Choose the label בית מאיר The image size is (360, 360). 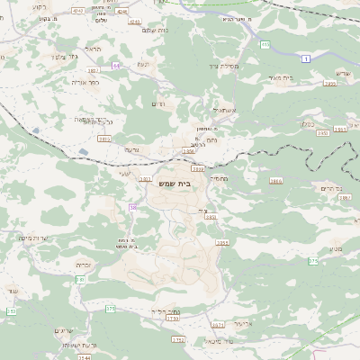282,77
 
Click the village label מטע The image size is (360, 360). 314,235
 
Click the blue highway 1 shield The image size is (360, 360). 306,58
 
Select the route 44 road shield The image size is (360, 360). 116,66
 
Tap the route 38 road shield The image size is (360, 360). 132,208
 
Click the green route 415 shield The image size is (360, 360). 265,43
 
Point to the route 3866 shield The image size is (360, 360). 275,181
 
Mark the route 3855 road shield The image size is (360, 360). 221,243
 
